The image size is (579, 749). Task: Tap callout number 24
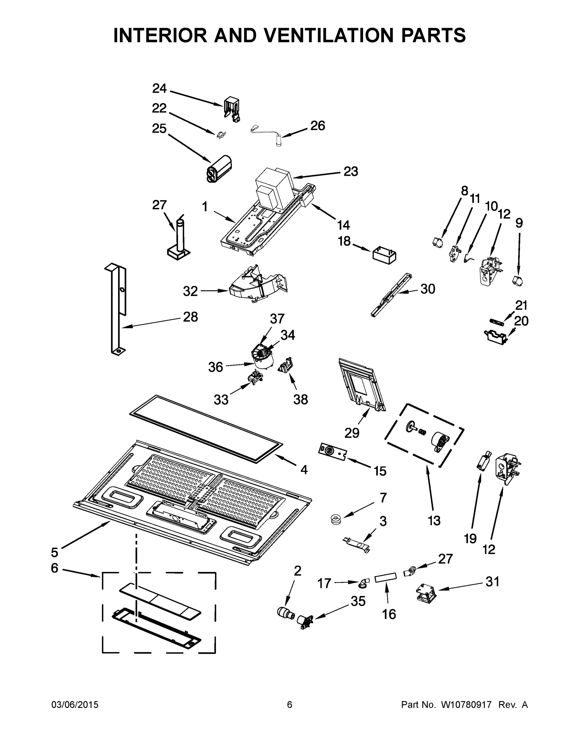coord(159,89)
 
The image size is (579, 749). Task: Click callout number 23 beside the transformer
coord(351,171)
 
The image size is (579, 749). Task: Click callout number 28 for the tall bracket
coord(190,317)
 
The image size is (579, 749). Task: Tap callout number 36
coord(216,367)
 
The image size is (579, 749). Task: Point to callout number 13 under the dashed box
coord(434,521)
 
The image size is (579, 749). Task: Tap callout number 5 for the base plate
coord(55,552)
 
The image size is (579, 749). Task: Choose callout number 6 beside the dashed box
coord(55,568)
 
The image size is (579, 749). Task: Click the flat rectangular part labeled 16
coord(386,579)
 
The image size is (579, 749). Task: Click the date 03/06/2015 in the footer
coord(75,705)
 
